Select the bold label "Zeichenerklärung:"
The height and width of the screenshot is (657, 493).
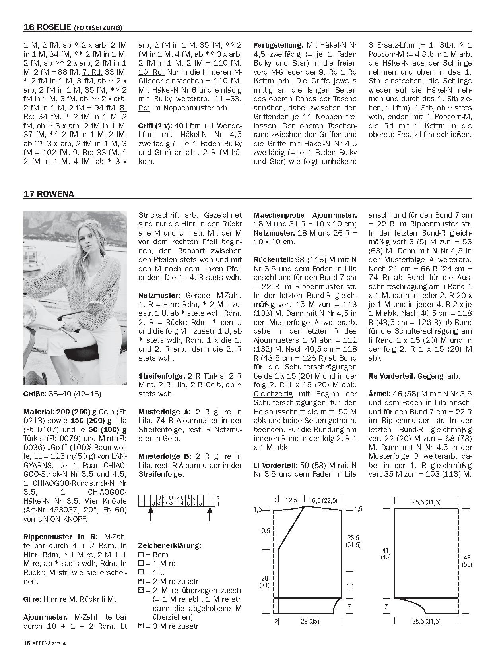tap(169, 545)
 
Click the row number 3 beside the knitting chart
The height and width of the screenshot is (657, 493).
tap(218, 498)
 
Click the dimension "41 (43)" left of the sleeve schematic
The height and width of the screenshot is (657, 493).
tap(386, 553)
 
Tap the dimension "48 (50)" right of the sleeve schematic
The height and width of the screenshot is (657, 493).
tap(467, 561)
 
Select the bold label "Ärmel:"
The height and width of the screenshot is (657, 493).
tap(379, 394)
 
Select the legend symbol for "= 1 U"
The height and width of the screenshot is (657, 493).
tap(141, 572)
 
